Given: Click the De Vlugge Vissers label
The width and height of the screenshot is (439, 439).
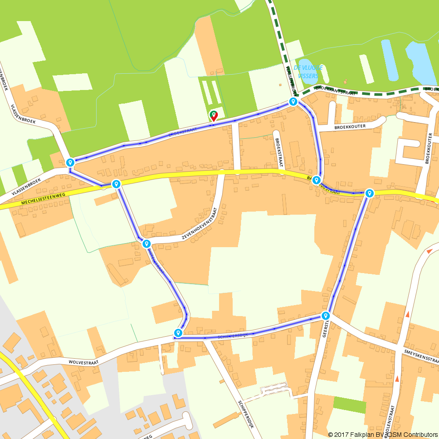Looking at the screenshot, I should [x=308, y=72].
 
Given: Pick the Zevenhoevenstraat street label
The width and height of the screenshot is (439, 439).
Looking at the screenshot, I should [x=200, y=224].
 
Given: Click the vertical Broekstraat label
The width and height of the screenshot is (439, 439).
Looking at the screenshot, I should [x=277, y=152].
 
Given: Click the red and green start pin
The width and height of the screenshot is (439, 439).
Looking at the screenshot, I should [x=214, y=115].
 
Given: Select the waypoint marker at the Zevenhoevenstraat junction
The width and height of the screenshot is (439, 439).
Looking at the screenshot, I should [x=146, y=244].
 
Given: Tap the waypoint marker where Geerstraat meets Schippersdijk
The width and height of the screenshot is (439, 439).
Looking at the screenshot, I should [x=325, y=316].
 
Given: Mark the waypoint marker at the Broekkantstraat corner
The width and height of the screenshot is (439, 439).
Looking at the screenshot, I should [x=293, y=102].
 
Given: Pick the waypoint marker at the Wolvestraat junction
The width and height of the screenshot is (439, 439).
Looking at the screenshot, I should [x=178, y=333].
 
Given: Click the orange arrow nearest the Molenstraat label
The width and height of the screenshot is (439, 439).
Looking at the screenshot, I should [x=397, y=378].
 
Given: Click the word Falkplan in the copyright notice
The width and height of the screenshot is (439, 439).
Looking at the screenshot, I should [x=360, y=434].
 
